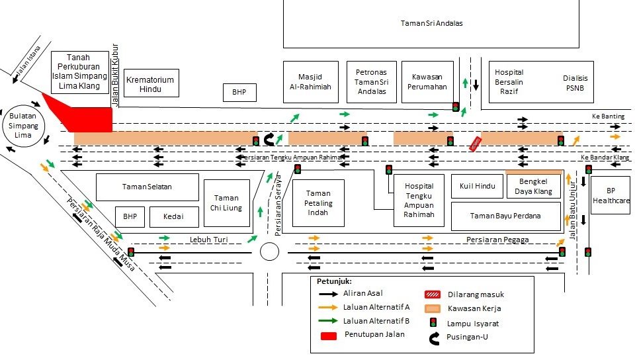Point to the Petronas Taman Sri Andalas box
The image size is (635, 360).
pyautogui.click(x=370, y=81)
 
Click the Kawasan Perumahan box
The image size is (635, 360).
pyautogui.click(x=428, y=81)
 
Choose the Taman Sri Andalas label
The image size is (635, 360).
pyautogui.click(x=431, y=23)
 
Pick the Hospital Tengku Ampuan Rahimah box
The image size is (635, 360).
pyautogui.click(x=419, y=200)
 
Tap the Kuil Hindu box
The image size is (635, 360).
pyautogui.click(x=477, y=186)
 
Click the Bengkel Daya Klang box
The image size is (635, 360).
pyautogui.click(x=533, y=187)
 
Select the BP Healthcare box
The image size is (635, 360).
pyautogui.click(x=611, y=195)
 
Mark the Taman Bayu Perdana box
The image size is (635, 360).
pyautogui.click(x=505, y=216)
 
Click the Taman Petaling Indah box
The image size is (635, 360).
pyautogui.click(x=318, y=202)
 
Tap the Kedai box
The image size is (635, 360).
pyautogui.click(x=175, y=216)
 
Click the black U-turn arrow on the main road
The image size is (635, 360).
pyautogui.click(x=270, y=139)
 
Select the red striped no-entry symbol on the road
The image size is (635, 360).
pyautogui.click(x=476, y=144)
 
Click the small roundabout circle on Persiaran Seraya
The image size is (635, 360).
pyautogui.click(x=269, y=251)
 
